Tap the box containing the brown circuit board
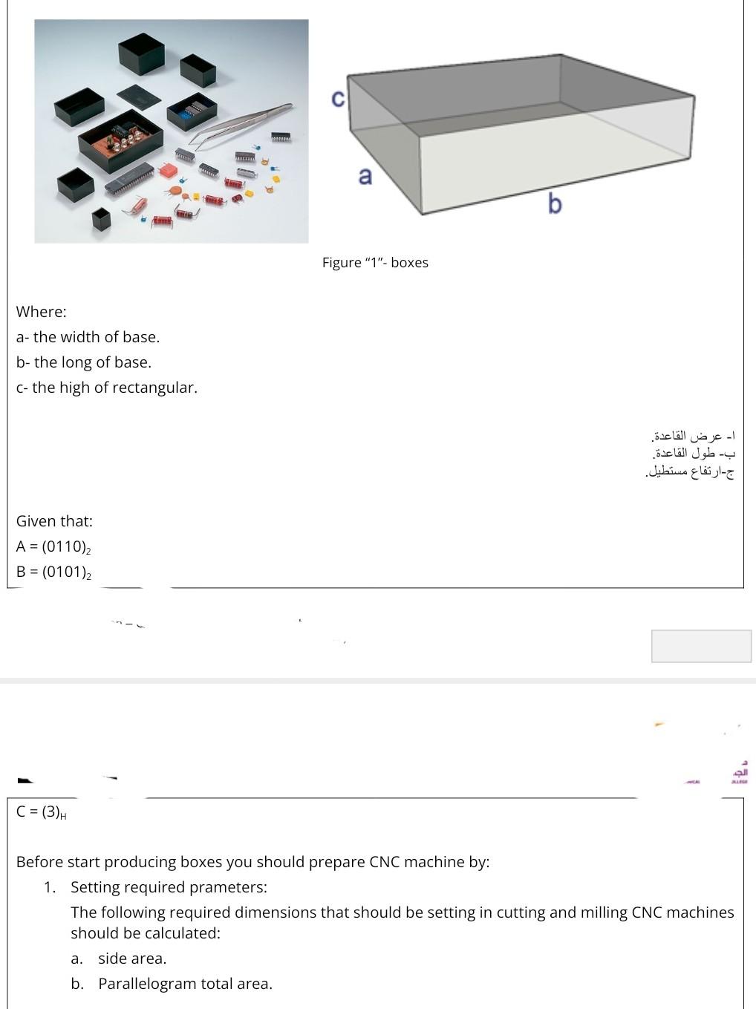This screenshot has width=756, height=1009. pos(121,138)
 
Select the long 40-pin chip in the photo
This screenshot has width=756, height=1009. pos(129,179)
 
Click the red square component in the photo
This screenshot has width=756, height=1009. pos(168,170)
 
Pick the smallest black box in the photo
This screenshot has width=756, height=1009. pos(101,218)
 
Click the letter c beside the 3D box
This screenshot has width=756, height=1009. pos(337,98)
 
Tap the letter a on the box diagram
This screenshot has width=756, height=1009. pos(365,176)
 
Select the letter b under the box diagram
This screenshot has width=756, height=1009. pos(555,203)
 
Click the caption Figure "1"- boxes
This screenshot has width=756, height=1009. pos(375,262)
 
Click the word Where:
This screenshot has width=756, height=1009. pos(42,312)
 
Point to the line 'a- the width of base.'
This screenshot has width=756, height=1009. pos(88,337)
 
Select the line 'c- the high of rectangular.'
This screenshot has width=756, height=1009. pos(107,388)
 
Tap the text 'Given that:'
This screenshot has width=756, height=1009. pos(54,521)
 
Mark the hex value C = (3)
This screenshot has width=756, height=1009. pos(41,812)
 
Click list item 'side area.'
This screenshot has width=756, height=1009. pos(132,959)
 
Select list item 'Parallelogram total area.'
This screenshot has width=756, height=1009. pos(185,984)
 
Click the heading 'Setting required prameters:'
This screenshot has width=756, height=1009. pos(169,887)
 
